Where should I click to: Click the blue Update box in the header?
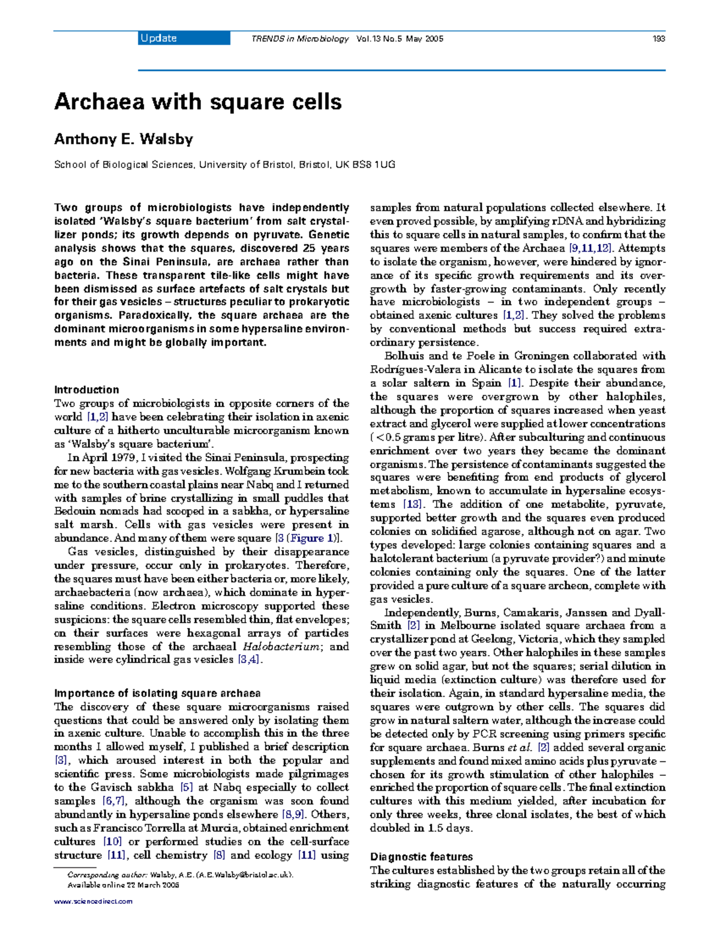[x=184, y=38]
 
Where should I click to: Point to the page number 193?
[x=659, y=39]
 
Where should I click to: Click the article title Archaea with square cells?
[x=198, y=101]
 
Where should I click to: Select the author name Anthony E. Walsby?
[x=124, y=139]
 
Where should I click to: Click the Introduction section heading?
[x=86, y=390]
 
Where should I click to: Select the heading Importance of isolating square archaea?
[x=157, y=693]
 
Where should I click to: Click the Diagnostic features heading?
[x=421, y=857]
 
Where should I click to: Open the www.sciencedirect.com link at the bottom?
[x=93, y=901]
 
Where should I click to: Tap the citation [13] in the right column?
[x=412, y=504]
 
